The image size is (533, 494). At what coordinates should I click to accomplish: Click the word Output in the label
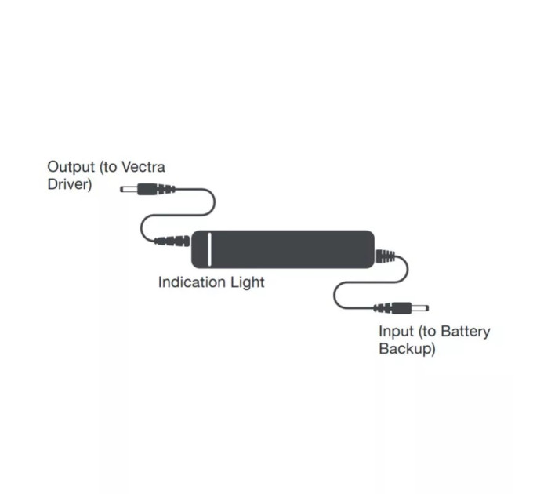pos(71,167)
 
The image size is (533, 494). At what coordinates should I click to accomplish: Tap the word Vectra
pos(143,167)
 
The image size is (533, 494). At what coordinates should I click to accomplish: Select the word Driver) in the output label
pos(69,184)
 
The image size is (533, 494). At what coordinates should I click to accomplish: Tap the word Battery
pos(466,332)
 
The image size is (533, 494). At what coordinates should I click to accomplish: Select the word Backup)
pos(407,349)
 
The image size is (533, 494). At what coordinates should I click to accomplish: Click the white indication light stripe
pos(209,249)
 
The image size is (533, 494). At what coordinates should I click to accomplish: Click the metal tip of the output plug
pos(129,189)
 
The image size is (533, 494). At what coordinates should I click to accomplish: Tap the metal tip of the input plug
pos(420,308)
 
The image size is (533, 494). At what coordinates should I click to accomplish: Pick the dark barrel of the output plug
pos(147,189)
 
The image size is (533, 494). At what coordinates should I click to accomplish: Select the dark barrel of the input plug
pos(401,308)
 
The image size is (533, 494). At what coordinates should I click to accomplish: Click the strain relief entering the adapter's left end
pos(172,241)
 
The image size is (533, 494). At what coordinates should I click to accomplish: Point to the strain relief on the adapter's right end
pos(386,256)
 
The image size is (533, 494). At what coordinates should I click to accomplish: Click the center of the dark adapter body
pos(283,249)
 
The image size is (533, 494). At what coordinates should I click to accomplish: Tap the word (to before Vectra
pos(108,167)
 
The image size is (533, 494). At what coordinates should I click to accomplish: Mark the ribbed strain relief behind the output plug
pos(166,189)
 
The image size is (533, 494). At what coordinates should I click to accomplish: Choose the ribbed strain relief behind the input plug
pos(383,308)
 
